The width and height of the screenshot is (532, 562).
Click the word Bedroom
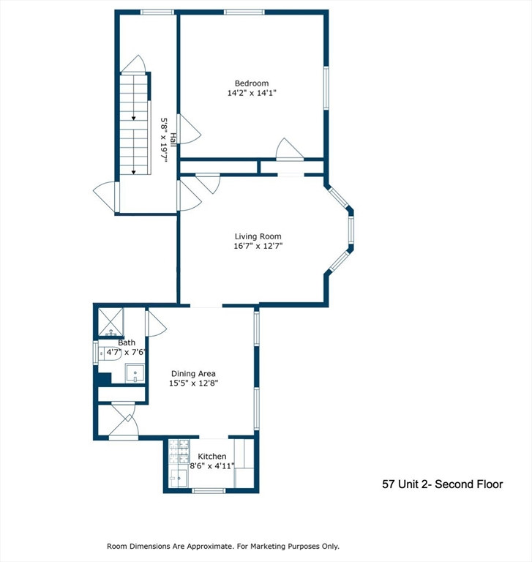click(252, 83)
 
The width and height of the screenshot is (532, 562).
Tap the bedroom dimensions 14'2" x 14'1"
click(252, 94)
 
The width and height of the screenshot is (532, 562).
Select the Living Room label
click(258, 236)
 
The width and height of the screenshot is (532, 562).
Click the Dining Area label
click(193, 373)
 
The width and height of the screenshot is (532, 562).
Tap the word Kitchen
click(211, 457)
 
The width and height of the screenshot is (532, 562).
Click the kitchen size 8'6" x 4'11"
click(211, 466)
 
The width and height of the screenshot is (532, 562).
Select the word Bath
click(127, 342)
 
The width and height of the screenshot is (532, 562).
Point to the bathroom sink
click(135, 375)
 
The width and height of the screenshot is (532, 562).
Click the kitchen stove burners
click(179, 452)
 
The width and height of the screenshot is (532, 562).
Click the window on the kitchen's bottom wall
click(209, 490)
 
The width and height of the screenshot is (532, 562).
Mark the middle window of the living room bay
click(351, 228)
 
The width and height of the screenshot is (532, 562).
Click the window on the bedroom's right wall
click(326, 89)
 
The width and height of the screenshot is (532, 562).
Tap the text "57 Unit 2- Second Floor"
click(443, 484)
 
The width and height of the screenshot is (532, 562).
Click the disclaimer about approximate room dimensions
click(223, 546)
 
